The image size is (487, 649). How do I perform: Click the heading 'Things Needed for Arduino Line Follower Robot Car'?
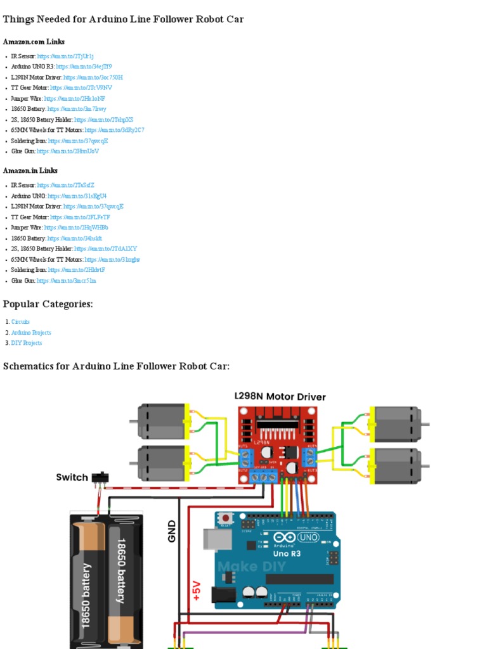pos(123,20)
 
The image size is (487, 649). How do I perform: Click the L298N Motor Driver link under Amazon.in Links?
pos(93,207)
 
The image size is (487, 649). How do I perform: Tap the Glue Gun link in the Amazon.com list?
pos(68,151)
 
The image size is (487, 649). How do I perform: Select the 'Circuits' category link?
pos(20,322)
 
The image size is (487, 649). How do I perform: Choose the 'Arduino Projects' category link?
pos(31,333)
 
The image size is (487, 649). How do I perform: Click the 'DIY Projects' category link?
pos(27,343)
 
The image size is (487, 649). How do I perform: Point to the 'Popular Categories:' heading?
pos(48,304)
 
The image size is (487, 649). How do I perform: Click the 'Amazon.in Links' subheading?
pos(30,170)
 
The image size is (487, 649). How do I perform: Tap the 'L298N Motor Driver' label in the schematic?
pos(280,397)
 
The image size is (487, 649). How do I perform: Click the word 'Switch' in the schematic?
pos(72,477)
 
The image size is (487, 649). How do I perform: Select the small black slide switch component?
pos(99,477)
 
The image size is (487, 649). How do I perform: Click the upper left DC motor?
pos(162,421)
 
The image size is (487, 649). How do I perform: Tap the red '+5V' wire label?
pos(196,589)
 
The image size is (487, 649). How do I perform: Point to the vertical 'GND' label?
pos(171,531)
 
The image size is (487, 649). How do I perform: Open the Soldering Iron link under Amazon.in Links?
pos(76,270)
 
